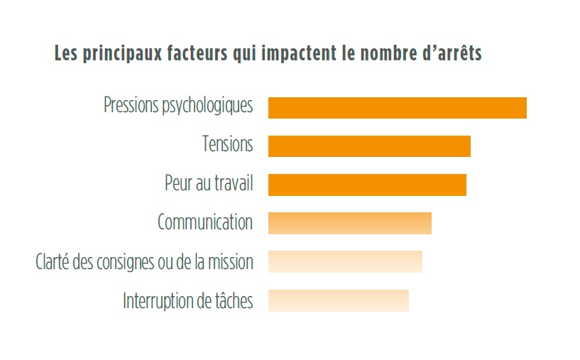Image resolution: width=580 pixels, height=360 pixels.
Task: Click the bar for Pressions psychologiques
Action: tap(397, 107)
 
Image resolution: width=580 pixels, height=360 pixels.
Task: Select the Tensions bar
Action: tap(369, 146)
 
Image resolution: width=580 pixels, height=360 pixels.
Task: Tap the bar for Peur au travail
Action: tap(367, 184)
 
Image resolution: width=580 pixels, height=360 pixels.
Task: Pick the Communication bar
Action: tap(349, 223)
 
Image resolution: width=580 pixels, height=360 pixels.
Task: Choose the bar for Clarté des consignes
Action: tap(345, 261)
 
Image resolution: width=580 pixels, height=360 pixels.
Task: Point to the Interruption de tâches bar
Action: tap(338, 300)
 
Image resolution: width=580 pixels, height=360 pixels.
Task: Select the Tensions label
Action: tap(227, 145)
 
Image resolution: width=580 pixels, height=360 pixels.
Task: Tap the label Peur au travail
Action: tap(209, 184)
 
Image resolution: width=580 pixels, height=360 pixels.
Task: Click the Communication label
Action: tap(205, 223)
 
